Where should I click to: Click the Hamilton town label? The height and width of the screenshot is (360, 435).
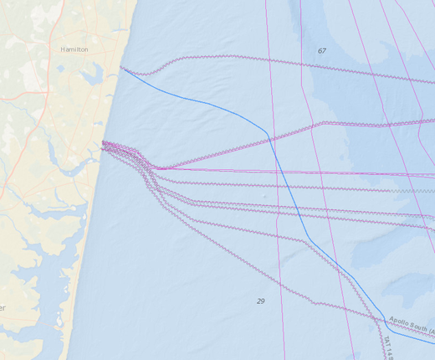click(74, 49)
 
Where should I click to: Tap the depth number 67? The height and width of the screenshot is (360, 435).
click(321, 51)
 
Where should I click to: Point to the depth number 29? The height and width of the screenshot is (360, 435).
click(260, 300)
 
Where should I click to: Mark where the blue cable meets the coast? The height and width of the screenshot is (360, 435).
click(122, 69)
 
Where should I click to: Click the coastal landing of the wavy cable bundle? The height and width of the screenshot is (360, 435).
click(103, 144)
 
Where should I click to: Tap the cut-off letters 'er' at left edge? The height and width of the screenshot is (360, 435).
click(3, 308)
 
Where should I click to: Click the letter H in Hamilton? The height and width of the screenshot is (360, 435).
click(63, 49)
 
